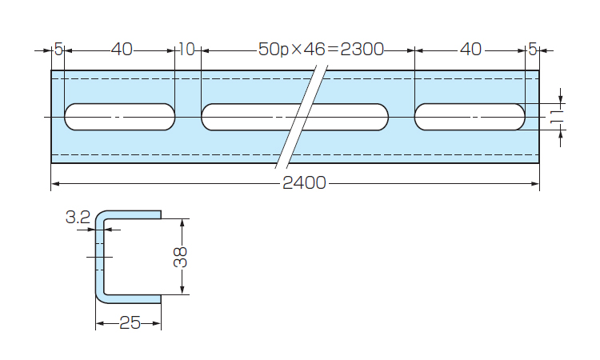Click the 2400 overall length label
tap(304, 183)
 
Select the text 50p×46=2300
tap(321, 50)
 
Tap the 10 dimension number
tap(186, 50)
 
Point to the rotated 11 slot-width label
tap(554, 118)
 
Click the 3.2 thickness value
tap(78, 217)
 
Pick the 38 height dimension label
tap(182, 256)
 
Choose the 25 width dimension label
tap(130, 323)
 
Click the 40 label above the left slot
tap(122, 50)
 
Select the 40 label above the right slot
tap(471, 50)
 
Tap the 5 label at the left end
tap(58, 50)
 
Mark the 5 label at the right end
tap(533, 50)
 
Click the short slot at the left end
tap(120, 117)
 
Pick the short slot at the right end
tap(470, 117)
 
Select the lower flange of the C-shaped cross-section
tap(132, 297)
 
